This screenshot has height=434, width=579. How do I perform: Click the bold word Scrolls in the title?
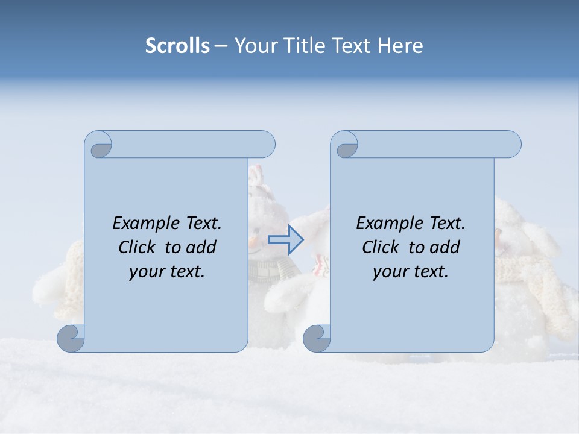tap(177, 46)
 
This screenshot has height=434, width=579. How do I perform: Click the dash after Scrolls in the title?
tap(221, 46)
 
